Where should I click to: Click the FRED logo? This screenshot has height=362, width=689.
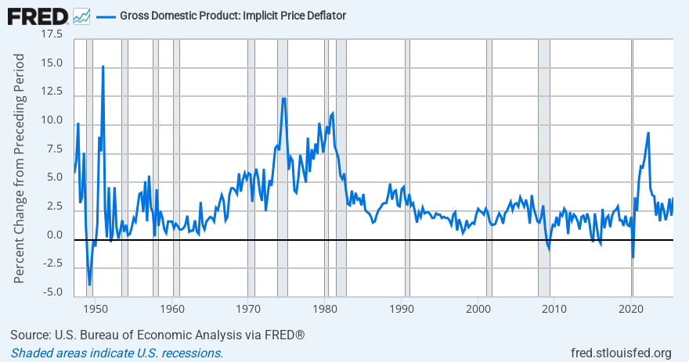[x=37, y=15]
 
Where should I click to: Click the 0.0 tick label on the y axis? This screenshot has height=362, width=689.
[x=55, y=235]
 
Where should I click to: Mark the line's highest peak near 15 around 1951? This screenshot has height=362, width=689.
[x=103, y=66]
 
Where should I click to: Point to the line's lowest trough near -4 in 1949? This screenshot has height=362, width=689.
[x=89, y=285]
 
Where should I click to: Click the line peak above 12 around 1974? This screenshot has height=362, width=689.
[x=283, y=98]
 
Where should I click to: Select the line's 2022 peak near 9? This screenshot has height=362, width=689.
[x=648, y=133]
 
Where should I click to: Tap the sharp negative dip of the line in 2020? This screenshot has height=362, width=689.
[x=633, y=257]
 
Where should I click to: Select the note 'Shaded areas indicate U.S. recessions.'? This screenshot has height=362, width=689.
[x=117, y=353]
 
